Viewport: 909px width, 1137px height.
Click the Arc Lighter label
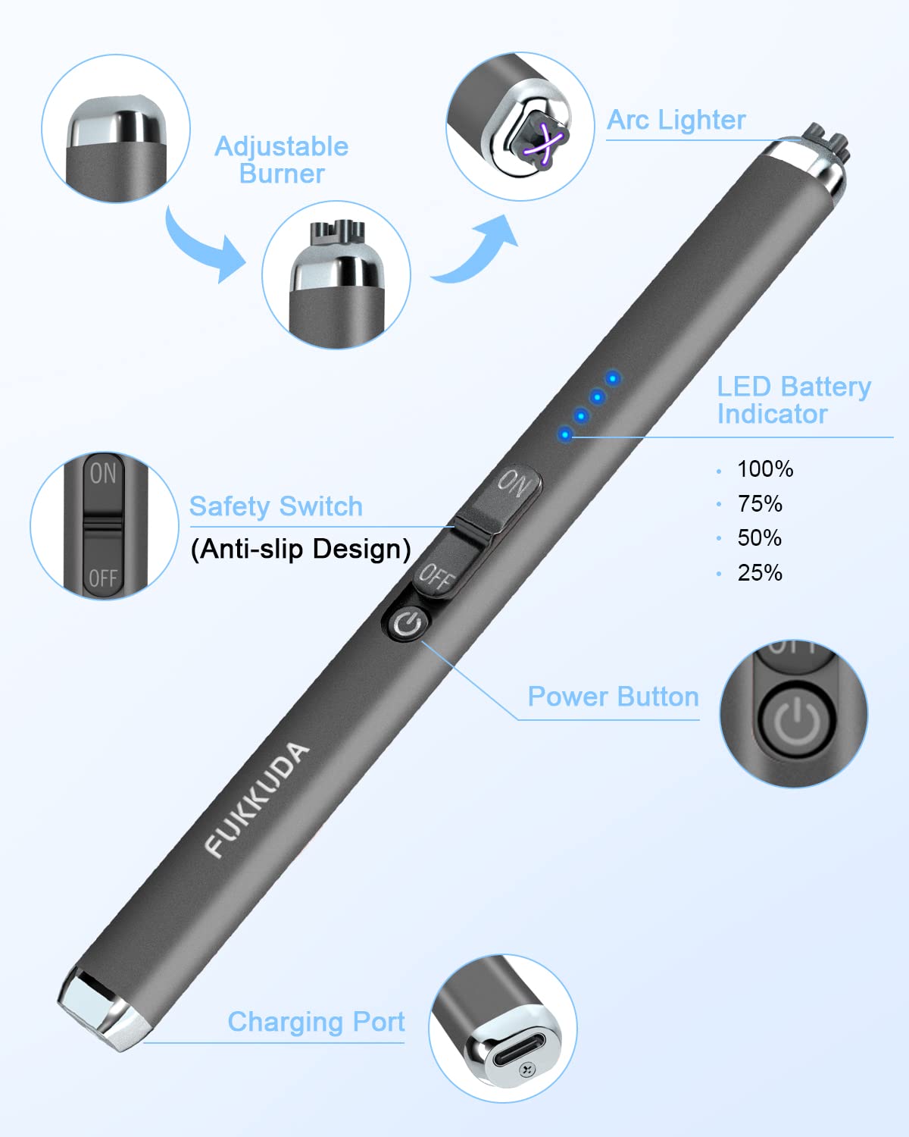(676, 120)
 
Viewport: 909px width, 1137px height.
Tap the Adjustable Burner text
(282, 160)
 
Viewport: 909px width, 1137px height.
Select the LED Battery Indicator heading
(793, 400)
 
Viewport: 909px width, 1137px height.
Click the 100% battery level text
(765, 468)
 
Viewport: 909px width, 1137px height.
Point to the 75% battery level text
(760, 503)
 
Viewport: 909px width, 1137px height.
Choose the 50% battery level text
(760, 538)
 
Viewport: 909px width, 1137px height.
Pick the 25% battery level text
(760, 573)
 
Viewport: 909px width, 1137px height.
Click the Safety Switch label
(276, 506)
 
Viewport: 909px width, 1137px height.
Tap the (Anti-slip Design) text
(301, 549)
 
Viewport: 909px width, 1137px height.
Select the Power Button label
(614, 697)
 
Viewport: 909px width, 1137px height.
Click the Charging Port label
(316, 1021)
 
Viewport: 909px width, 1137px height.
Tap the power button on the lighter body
(407, 624)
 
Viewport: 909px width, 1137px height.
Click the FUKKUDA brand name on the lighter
(257, 799)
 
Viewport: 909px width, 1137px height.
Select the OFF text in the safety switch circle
(102, 578)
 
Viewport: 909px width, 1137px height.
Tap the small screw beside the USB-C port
(527, 1070)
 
